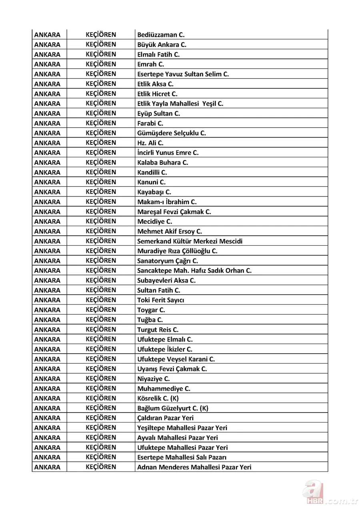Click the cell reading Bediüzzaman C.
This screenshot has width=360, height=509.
[x=161, y=35]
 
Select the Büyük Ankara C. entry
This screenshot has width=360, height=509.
[x=162, y=45]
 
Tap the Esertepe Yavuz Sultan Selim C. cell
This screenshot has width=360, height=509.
[x=183, y=74]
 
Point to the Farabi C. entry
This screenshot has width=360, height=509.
[x=150, y=123]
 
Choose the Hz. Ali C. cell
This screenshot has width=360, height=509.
[x=150, y=143]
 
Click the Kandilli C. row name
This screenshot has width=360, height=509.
[x=152, y=172]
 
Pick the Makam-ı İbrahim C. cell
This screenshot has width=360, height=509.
[x=167, y=202]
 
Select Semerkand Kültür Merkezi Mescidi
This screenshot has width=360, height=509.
[x=190, y=241]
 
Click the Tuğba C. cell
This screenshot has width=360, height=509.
[x=150, y=320]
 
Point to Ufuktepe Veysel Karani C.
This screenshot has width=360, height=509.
[x=176, y=359]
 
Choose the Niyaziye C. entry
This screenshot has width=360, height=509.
[x=154, y=379]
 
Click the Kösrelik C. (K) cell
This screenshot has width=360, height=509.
[x=158, y=399]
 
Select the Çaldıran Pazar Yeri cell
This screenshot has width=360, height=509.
[x=165, y=418]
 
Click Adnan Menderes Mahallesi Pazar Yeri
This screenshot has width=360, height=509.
[x=194, y=467]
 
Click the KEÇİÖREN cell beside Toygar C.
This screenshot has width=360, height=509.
[x=101, y=310]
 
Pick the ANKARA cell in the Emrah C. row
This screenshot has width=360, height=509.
[x=47, y=64]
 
